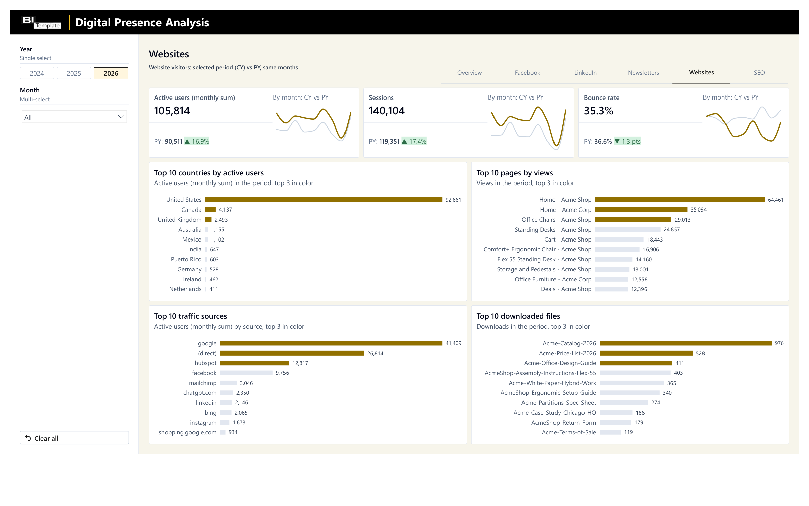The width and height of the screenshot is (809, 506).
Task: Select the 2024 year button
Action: coord(37,73)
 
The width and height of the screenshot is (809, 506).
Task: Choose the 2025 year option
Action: coord(74,73)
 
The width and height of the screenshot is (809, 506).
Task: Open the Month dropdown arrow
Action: coord(121,117)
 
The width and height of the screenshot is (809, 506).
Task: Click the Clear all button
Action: coord(74,438)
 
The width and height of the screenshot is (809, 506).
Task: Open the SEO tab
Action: coord(759,73)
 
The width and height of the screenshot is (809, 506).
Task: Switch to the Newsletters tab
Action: coord(643,73)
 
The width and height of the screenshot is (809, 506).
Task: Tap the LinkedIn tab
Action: coord(585,73)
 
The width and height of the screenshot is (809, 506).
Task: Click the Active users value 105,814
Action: coord(172,111)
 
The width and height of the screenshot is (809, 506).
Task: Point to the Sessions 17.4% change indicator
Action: coord(414,141)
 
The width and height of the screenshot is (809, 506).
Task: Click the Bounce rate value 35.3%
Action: coord(598,111)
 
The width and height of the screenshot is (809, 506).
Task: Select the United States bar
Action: coord(324,200)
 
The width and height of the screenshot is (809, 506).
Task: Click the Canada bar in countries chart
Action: coord(210,210)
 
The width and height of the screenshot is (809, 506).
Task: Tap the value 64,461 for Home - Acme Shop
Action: coord(776,200)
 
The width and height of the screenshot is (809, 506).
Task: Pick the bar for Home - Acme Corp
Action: coord(641,210)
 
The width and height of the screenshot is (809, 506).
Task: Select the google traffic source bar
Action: coord(331,343)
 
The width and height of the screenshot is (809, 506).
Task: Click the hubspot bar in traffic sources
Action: coord(255,363)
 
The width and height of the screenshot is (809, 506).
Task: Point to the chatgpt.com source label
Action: coord(200,393)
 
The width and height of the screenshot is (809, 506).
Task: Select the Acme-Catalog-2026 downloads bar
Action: coord(686,343)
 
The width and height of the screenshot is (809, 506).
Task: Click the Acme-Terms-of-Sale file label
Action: coord(569,432)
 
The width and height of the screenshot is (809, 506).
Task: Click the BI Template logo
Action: coord(41,22)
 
